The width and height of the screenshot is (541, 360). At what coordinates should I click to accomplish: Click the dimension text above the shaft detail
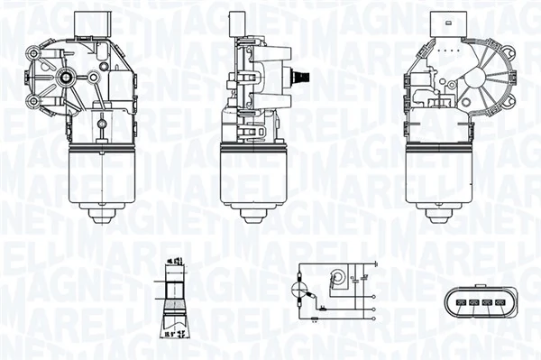171,263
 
